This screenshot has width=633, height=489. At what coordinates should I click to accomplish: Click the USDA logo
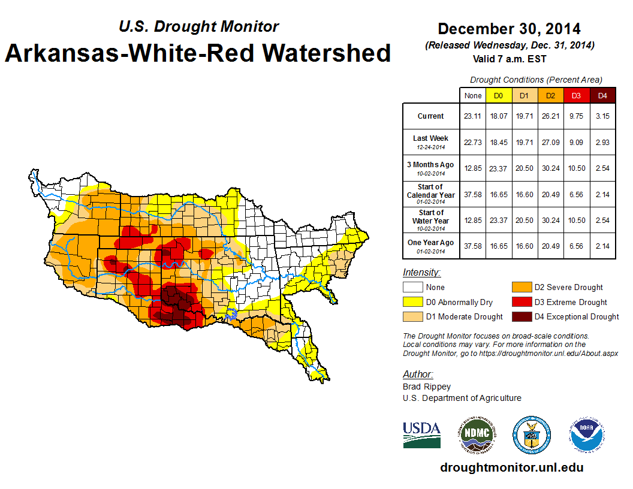click(421, 434)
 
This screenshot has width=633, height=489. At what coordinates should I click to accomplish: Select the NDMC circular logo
click(477, 434)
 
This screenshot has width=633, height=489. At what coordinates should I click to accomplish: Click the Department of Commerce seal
click(531, 434)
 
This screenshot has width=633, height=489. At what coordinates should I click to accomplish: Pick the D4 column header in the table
click(602, 95)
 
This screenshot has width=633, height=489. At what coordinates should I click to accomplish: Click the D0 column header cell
click(498, 95)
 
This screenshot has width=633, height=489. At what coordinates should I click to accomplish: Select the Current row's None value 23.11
click(472, 116)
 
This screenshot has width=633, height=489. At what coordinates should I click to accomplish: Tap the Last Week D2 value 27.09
click(550, 142)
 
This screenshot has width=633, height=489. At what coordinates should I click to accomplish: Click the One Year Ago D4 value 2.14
click(602, 246)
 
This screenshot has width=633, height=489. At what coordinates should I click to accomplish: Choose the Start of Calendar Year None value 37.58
click(472, 194)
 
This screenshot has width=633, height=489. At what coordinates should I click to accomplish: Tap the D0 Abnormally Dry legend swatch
click(413, 302)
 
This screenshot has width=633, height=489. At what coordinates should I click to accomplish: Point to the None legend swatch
click(413, 288)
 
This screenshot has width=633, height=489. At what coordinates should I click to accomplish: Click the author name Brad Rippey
click(426, 387)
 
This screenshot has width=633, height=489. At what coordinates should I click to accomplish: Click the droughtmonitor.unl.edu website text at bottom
click(511, 467)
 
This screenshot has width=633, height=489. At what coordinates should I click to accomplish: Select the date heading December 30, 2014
click(509, 29)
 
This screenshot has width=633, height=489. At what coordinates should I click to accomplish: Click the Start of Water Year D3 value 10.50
click(576, 220)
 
